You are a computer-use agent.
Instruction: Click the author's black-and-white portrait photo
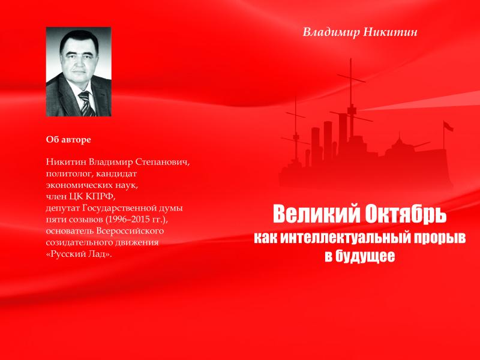tap(79, 71)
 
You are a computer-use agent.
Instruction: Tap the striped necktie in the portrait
tap(86, 104)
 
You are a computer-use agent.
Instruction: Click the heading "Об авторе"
tap(68, 140)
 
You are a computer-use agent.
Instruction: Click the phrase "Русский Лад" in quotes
tap(79, 254)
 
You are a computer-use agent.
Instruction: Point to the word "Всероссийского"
tap(130, 231)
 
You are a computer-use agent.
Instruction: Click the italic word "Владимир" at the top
tap(331, 32)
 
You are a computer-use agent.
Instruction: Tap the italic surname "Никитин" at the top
tap(391, 32)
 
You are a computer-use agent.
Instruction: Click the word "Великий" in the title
tap(317, 214)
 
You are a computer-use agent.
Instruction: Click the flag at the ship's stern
tap(448, 126)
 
